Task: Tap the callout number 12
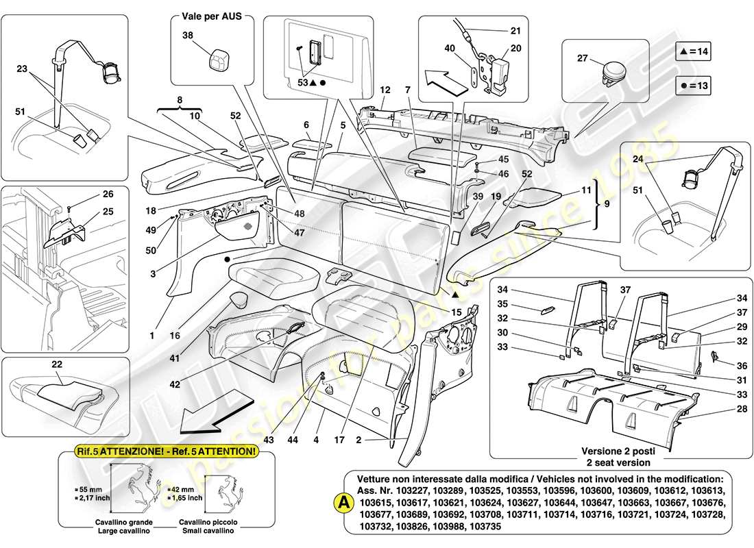(386, 90)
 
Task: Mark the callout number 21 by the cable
(515, 31)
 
